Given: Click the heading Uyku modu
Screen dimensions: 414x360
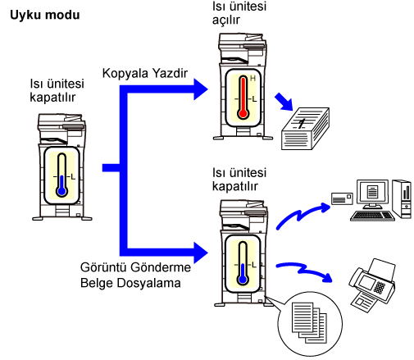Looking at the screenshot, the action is tap(45, 15).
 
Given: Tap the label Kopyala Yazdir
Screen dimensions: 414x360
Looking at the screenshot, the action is tap(145, 73).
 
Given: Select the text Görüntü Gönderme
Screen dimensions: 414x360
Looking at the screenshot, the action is tap(135, 267).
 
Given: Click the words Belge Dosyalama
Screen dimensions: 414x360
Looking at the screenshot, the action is tap(130, 283).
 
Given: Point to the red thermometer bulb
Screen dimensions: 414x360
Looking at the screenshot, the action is tap(243, 113).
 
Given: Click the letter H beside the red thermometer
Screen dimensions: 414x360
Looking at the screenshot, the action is tap(252, 79).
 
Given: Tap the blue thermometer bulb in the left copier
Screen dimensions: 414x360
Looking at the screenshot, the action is tap(62, 191).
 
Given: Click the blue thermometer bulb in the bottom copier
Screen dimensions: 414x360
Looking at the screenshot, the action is tap(243, 280).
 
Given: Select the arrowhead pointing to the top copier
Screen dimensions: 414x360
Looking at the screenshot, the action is tap(201, 89).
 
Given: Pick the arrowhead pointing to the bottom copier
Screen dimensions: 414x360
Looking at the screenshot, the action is tap(201, 253).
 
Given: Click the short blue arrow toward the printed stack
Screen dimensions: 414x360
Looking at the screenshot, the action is tap(284, 102).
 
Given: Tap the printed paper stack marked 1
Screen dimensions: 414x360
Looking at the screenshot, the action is tap(305, 129).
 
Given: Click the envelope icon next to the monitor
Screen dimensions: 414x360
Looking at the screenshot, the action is tap(342, 198).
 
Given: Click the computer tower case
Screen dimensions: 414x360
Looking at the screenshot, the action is tap(402, 198).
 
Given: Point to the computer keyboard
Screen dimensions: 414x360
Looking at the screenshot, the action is tap(372, 216).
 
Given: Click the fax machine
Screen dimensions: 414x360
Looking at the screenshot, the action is tap(372, 285).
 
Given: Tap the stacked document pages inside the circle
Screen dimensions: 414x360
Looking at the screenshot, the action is tap(309, 322).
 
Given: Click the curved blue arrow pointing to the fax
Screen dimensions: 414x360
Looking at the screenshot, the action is tap(304, 271).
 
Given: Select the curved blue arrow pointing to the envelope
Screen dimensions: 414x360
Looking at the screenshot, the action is tap(301, 215).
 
